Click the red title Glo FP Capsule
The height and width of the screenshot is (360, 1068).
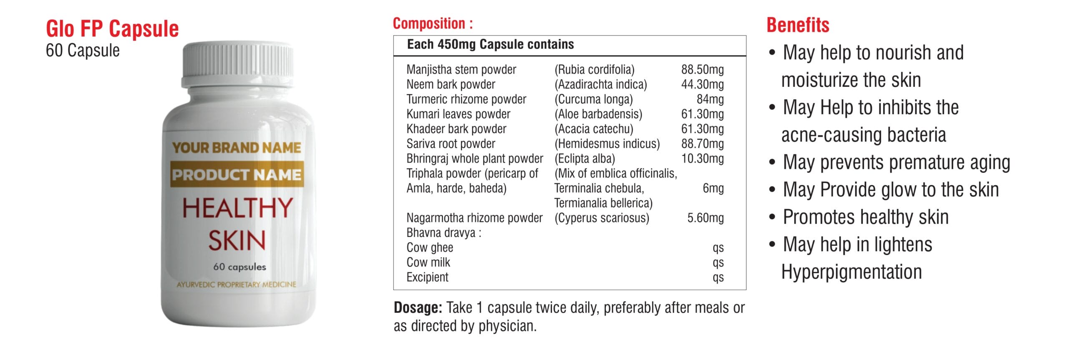pyautogui.click(x=112, y=29)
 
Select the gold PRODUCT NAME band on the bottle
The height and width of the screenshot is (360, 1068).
pyautogui.click(x=237, y=174)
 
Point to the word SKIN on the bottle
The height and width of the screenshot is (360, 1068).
pyautogui.click(x=237, y=241)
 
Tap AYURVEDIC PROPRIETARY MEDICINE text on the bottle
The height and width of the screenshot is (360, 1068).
pyautogui.click(x=237, y=284)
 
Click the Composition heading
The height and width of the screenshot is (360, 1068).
pyautogui.click(x=433, y=23)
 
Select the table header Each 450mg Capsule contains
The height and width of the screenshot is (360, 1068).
pyautogui.click(x=490, y=44)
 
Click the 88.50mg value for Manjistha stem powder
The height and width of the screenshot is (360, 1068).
pyautogui.click(x=702, y=69)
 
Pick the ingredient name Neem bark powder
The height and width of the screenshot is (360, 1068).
pyautogui.click(x=451, y=84)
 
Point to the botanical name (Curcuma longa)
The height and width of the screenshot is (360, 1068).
pyautogui.click(x=593, y=99)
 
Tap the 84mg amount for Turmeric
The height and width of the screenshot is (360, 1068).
pyautogui.click(x=710, y=99)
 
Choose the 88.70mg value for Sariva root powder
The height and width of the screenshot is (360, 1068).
pyautogui.click(x=702, y=144)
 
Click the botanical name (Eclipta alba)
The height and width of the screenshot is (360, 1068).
pyautogui.click(x=584, y=159)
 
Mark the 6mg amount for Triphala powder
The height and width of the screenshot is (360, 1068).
pyautogui.click(x=713, y=189)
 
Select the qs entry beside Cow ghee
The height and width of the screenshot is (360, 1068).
pyautogui.click(x=718, y=248)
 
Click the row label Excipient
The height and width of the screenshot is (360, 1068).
pyautogui.click(x=427, y=277)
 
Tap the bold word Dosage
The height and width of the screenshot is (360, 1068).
pyautogui.click(x=418, y=308)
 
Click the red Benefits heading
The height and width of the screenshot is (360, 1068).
pyautogui.click(x=798, y=25)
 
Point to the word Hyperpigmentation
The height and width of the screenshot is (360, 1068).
pyautogui.click(x=851, y=272)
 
